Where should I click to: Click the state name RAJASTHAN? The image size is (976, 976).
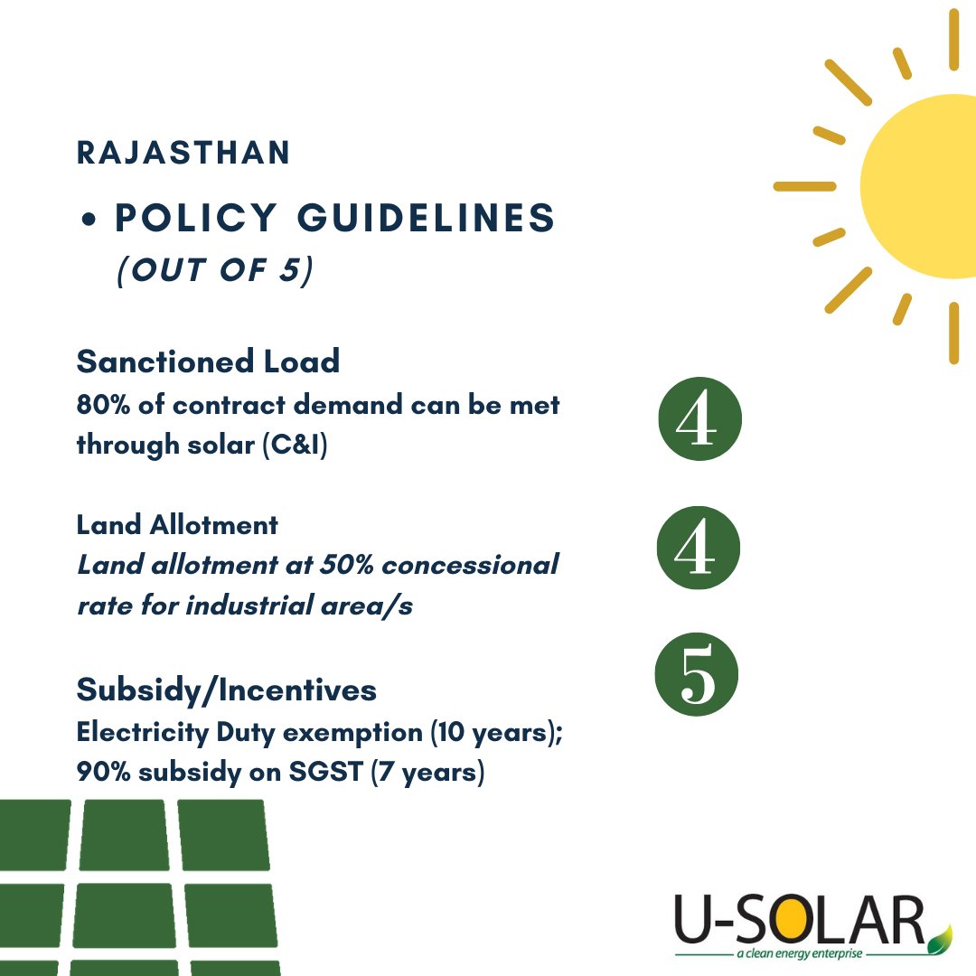click(x=183, y=153)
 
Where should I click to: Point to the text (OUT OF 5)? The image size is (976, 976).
click(x=214, y=272)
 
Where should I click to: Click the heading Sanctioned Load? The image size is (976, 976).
click(x=208, y=361)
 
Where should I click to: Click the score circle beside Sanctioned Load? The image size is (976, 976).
click(x=701, y=419)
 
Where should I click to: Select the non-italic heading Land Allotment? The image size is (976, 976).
click(x=177, y=524)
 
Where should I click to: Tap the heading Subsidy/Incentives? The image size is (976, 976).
click(x=227, y=690)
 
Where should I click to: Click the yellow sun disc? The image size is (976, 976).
click(x=922, y=185)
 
